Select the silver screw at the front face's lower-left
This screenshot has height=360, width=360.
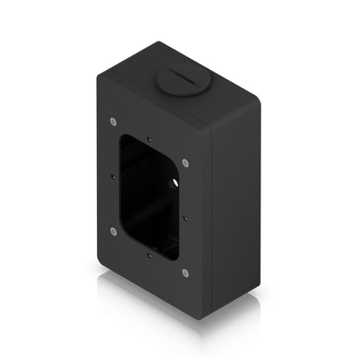pos(113,230)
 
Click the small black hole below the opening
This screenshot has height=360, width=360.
pos(150,256)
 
